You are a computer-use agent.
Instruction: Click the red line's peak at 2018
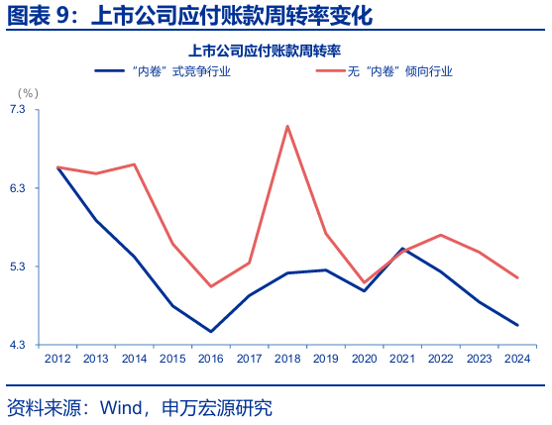287,126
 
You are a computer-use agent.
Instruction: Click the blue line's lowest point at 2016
210,332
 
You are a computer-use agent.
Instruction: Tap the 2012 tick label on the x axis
57,359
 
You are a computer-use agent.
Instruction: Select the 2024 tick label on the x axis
516,359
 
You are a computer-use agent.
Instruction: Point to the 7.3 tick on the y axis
18,109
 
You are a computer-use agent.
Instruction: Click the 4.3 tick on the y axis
18,345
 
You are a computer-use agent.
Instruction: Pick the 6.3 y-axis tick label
18,188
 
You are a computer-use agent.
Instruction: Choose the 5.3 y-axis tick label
18,266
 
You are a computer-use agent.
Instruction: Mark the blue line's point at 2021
401,249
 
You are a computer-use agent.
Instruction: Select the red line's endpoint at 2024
516,277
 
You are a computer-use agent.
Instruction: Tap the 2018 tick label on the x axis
287,359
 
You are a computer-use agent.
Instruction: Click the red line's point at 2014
134,164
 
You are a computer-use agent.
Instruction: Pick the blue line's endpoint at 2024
516,325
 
